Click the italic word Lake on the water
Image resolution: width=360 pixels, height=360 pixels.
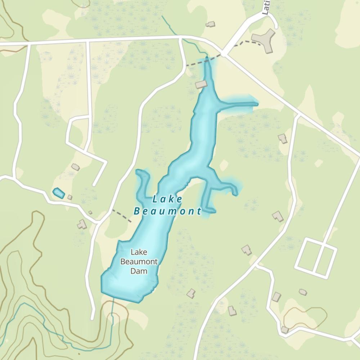(167, 199)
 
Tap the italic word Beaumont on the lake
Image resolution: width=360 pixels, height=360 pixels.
(167, 211)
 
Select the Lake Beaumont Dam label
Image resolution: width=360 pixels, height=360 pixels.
(139, 262)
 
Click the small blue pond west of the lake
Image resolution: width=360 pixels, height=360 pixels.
(59, 193)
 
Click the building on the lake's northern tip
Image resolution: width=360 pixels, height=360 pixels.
(201, 85)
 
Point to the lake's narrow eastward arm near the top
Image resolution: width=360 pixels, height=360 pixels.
(239, 104)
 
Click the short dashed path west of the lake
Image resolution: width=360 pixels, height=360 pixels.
(122, 215)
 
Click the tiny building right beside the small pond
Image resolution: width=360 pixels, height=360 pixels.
(70, 197)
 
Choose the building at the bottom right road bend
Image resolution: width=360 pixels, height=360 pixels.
(285, 329)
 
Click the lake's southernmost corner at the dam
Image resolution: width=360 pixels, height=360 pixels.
(137, 301)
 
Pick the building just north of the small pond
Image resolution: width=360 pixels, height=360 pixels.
(75, 167)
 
